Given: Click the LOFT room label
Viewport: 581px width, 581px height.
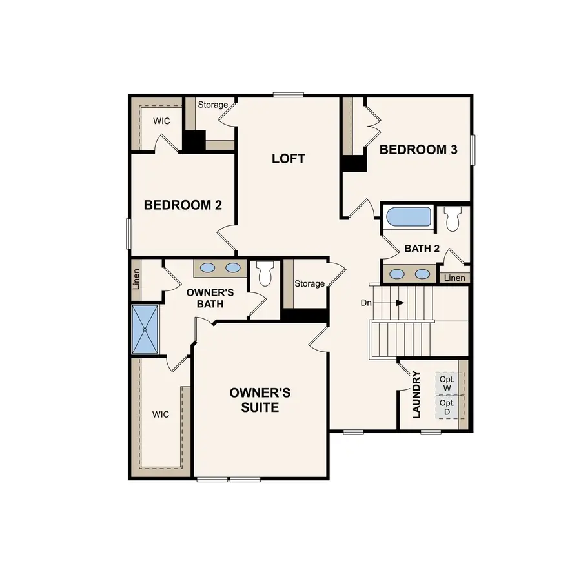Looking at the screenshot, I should pyautogui.click(x=288, y=159).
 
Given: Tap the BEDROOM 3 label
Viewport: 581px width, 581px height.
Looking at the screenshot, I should pyautogui.click(x=418, y=150).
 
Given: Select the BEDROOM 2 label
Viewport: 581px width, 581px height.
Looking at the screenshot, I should pyautogui.click(x=183, y=205).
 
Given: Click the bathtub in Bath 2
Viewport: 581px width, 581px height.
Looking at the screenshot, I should pyautogui.click(x=408, y=216).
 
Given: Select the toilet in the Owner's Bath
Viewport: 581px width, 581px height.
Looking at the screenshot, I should pyautogui.click(x=265, y=273).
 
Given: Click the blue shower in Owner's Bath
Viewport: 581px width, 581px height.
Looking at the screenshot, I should pyautogui.click(x=145, y=329).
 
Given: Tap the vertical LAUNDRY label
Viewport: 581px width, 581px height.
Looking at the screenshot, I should pyautogui.click(x=416, y=394).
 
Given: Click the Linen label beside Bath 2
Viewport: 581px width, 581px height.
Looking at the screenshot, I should pyautogui.click(x=454, y=278).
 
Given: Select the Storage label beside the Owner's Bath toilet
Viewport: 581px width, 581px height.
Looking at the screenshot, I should pyautogui.click(x=310, y=284).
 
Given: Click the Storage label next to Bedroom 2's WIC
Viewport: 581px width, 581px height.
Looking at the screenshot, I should pyautogui.click(x=213, y=105).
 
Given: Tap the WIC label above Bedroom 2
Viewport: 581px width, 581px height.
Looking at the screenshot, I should pyautogui.click(x=161, y=121).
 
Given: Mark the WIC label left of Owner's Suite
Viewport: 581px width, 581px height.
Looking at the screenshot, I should pyautogui.click(x=161, y=414).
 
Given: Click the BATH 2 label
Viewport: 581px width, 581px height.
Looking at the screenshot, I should pyautogui.click(x=422, y=249).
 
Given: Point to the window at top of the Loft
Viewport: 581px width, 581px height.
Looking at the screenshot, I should pyautogui.click(x=288, y=95).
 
